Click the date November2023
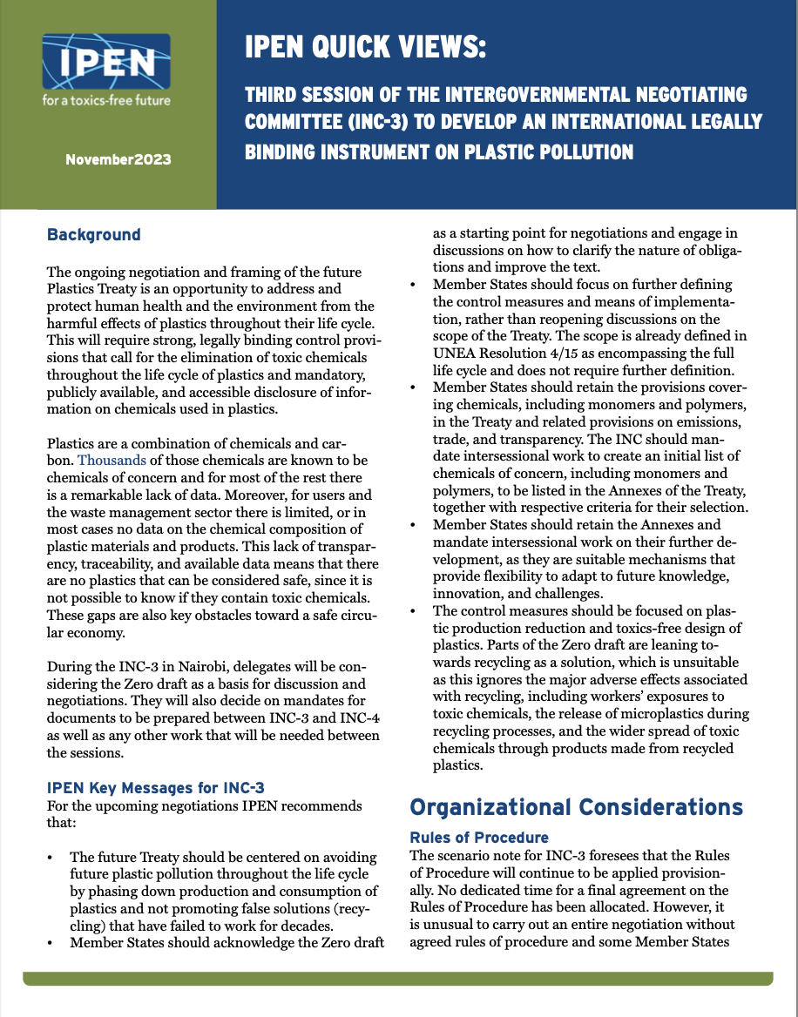click(x=118, y=159)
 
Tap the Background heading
click(x=93, y=234)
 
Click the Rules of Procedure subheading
click(x=479, y=838)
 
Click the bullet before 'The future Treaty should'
click(x=53, y=858)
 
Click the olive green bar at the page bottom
click(x=398, y=980)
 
